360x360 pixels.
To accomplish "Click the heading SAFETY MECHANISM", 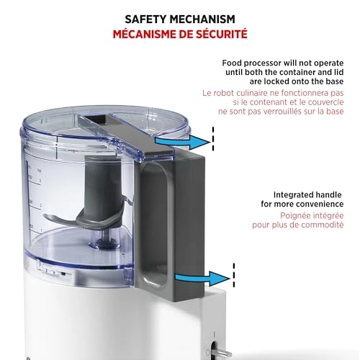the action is click(180, 19).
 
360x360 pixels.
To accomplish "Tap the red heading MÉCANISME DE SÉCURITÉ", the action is click(180, 34).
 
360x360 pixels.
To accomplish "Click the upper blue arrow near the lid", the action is click(183, 142).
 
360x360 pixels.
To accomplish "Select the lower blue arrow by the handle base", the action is click(203, 279).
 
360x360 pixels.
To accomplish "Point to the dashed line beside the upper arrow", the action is click(213, 139).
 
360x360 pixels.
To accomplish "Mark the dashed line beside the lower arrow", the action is click(234, 275).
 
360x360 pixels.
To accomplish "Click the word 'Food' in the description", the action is click(231, 63).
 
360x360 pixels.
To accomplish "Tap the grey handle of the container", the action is click(173, 224).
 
